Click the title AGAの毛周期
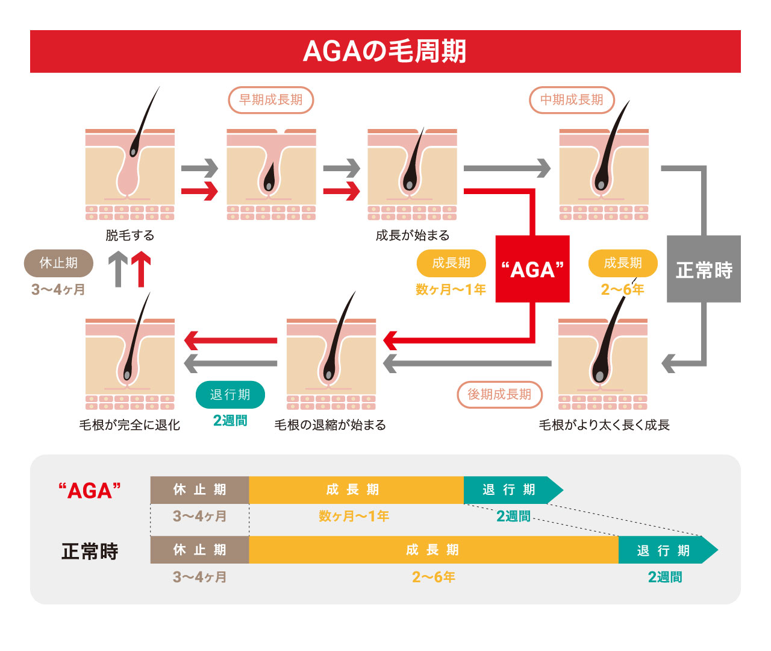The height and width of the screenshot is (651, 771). pos(385,51)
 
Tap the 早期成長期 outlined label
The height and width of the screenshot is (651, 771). pos(271,100)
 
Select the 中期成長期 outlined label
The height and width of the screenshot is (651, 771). pos(572,100)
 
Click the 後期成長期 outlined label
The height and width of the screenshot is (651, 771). pos(499,394)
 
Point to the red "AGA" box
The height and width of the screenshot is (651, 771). pos(532,269)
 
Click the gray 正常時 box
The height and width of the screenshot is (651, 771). pos(704,269)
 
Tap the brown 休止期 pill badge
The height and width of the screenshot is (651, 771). pos(58,263)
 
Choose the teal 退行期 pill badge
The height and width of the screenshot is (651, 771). pos(230,394)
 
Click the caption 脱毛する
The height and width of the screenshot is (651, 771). pos(130,236)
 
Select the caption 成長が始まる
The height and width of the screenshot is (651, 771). pos(413,236)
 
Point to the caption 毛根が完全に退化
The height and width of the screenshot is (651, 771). pos(130,425)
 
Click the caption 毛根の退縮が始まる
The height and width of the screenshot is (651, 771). pos(330,425)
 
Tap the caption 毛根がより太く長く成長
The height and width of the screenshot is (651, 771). pos(604,425)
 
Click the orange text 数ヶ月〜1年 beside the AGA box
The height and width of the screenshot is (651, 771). pos(451,289)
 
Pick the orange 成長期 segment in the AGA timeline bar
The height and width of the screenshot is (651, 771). pos(355,490)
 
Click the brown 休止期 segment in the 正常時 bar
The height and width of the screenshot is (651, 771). pos(199,550)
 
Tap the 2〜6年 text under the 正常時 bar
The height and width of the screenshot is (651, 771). pos(433,577)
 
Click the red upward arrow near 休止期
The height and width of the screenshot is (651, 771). pos(141,270)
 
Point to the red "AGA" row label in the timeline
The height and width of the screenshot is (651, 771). pos(90,490)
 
